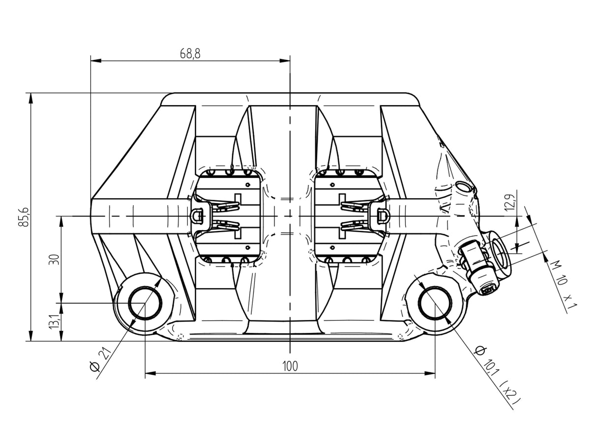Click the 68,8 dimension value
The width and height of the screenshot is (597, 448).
coord(190,54)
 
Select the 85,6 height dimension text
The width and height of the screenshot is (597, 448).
coord(24,217)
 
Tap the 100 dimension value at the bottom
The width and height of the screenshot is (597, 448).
coord(290,366)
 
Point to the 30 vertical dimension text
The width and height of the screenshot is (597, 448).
coord(54,260)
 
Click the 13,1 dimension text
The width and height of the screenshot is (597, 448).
coord(54,322)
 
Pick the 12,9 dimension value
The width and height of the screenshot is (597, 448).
coord(509,202)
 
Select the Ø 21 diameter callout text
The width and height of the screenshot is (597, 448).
coord(101,359)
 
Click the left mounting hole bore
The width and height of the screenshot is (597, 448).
coord(145,303)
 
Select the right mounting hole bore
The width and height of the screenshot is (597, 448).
coord(435,303)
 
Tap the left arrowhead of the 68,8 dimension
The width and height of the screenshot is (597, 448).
coord(96,60)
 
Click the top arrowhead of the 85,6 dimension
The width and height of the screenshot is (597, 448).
coord(30,98)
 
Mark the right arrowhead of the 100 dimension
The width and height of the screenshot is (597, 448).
coord(429,373)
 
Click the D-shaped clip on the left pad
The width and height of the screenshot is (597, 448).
coord(198,216)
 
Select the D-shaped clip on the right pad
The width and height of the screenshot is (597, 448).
coord(383,216)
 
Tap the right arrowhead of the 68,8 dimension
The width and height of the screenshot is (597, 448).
coord(285,60)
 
